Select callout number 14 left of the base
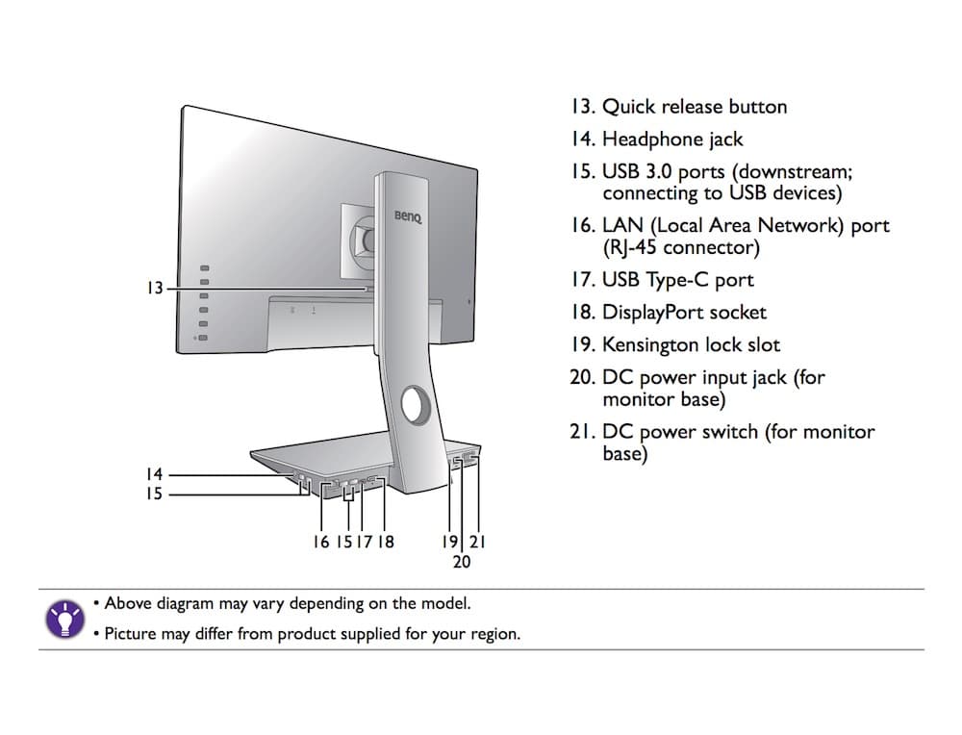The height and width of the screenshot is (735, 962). (155, 474)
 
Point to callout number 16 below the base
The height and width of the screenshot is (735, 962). (321, 542)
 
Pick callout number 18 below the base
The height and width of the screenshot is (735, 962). (385, 542)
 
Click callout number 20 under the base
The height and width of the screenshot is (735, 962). (462, 561)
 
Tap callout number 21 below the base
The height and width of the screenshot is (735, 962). (476, 542)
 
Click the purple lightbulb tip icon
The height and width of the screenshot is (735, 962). (64, 620)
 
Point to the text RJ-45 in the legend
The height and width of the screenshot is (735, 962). (638, 248)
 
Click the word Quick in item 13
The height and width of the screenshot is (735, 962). (628, 107)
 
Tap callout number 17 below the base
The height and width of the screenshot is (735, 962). (364, 542)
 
